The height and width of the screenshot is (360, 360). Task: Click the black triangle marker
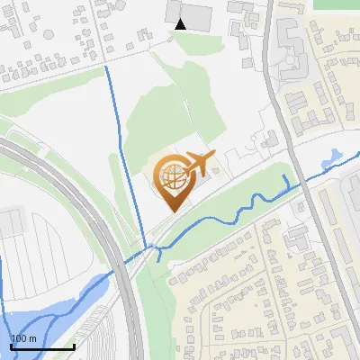(181, 24)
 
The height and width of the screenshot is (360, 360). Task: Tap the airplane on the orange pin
(197, 163)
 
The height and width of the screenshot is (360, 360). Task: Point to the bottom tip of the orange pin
(172, 211)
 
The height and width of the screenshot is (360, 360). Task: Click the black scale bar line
(42, 347)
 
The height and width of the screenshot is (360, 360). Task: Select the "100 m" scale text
(24, 338)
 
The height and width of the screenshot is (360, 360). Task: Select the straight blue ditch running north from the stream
(125, 153)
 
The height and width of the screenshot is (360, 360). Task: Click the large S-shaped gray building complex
(291, 54)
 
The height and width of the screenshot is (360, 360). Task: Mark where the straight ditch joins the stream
(145, 251)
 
